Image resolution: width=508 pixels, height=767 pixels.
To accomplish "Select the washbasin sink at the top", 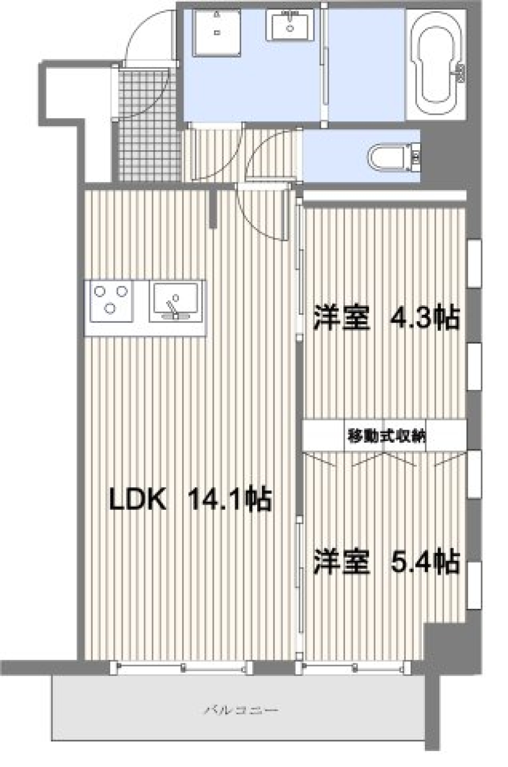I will [289, 25].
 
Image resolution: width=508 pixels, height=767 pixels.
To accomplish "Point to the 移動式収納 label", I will [386, 436].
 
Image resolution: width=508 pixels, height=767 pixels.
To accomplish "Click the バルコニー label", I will [241, 709].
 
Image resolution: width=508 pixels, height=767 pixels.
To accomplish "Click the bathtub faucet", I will [460, 73].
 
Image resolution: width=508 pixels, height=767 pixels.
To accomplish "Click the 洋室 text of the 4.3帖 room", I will [341, 318].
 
